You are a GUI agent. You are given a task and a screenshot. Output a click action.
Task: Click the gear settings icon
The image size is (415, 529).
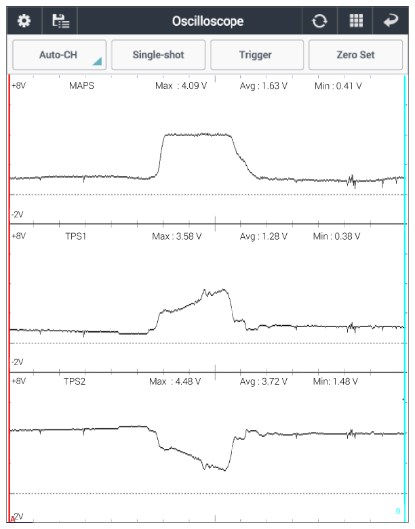(24, 21)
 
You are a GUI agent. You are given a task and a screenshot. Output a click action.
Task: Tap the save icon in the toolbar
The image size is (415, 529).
(60, 21)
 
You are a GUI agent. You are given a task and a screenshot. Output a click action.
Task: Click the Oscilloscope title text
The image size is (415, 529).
(207, 21)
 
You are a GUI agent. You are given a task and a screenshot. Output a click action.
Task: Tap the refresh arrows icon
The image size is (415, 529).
(319, 21)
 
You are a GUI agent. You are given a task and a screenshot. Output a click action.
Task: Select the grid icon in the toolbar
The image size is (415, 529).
(356, 21)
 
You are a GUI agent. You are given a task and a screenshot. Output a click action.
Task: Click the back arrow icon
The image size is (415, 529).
(392, 21)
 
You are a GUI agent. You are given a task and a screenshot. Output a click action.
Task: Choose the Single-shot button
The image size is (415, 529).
(157, 55)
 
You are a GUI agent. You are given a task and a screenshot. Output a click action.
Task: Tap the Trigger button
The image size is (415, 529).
(256, 55)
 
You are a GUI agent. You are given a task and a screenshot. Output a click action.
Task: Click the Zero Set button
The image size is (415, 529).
(355, 55)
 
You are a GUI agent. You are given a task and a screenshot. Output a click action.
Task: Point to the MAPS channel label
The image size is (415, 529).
(81, 86)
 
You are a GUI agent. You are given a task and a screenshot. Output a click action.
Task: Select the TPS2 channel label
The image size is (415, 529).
(76, 381)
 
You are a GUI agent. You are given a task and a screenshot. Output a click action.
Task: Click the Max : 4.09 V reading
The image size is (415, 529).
(180, 86)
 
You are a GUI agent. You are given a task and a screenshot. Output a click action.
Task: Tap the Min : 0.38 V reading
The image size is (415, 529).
(337, 236)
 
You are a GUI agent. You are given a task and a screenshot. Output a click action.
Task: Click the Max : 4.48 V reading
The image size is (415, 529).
(175, 381)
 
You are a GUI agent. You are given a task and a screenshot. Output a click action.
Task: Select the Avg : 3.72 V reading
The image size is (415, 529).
(264, 381)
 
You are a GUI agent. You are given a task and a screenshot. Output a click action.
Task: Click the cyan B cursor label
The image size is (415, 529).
(398, 510)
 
